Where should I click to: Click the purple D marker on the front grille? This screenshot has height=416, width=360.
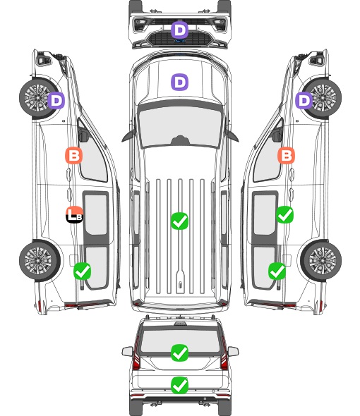(179, 30)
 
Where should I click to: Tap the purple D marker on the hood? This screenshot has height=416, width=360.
(179, 82)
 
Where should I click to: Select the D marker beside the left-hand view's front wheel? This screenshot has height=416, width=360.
(56, 100)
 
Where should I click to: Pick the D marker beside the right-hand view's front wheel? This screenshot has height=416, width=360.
(304, 100)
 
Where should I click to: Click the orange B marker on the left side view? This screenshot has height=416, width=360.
(74, 155)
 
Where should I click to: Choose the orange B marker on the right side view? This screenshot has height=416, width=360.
(286, 155)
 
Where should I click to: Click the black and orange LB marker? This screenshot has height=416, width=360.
(74, 214)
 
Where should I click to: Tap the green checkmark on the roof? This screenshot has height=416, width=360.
(179, 221)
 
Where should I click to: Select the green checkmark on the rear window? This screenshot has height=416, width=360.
(179, 353)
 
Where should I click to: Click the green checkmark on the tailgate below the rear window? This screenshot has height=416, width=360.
(179, 385)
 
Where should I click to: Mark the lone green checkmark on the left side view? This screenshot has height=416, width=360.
(83, 271)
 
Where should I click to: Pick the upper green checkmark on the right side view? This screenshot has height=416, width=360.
(284, 214)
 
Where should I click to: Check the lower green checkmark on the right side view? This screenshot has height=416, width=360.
(277, 271)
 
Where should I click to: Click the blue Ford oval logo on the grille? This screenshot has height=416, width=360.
(180, 41)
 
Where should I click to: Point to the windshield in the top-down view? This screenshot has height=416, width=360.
(180, 126)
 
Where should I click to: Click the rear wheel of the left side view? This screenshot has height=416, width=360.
(40, 261)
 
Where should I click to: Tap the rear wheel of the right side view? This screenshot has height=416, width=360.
(321, 261)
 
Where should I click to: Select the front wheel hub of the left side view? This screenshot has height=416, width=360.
(37, 97)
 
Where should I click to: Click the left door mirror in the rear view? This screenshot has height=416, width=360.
(127, 351)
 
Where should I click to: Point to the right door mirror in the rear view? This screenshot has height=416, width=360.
(233, 351)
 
